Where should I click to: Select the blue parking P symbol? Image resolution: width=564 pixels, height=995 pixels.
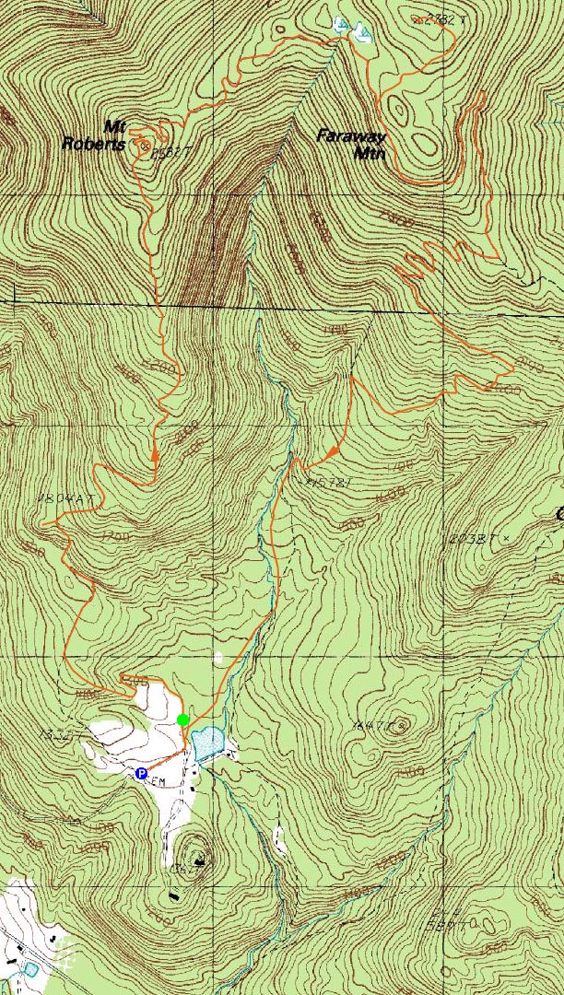click(141, 774)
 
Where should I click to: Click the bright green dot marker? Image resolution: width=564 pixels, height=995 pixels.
click(183, 720)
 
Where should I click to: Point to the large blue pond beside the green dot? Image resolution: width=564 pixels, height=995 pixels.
click(208, 740)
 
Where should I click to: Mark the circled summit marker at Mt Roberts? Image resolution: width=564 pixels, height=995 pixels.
click(144, 145)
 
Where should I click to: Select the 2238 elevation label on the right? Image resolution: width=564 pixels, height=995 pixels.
click(470, 538)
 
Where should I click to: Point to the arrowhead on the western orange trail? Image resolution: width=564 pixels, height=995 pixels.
click(155, 454)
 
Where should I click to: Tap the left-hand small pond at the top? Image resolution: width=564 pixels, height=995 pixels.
click(342, 25)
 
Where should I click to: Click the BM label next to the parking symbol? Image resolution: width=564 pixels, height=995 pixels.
click(159, 782)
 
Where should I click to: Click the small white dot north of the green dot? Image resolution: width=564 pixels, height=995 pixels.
click(218, 657)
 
